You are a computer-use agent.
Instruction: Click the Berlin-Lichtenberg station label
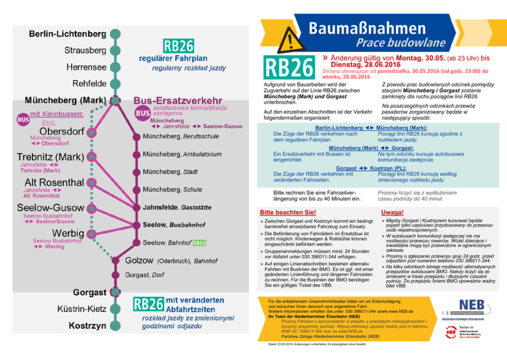[67, 34]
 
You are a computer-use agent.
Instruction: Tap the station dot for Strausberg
[116, 51]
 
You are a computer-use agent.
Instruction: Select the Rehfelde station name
[89, 83]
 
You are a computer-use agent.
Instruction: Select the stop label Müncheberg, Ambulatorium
[182, 154]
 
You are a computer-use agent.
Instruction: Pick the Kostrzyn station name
[87, 325]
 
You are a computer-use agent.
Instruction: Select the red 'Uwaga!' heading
[392, 212]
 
